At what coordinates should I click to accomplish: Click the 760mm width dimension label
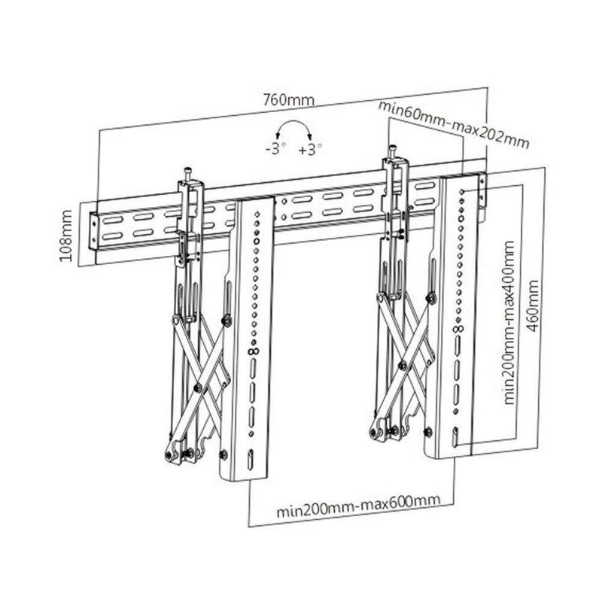click(x=288, y=99)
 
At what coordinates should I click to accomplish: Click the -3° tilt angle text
click(x=276, y=149)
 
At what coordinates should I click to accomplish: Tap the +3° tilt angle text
click(x=310, y=149)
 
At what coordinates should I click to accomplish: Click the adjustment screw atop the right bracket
click(x=393, y=150)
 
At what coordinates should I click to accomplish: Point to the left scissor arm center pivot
click(x=196, y=388)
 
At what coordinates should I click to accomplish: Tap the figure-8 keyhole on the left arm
click(x=253, y=351)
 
